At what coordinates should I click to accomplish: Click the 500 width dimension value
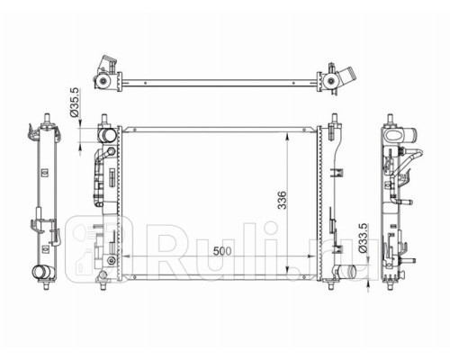(x=222, y=251)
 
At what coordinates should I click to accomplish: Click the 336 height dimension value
(x=282, y=200)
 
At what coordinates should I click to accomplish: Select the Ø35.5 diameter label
(x=74, y=103)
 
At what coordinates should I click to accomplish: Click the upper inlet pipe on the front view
(x=106, y=135)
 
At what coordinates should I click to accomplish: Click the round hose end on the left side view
(x=40, y=272)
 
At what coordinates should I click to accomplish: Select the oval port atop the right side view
(x=393, y=135)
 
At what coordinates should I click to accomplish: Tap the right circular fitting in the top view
(x=331, y=81)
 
